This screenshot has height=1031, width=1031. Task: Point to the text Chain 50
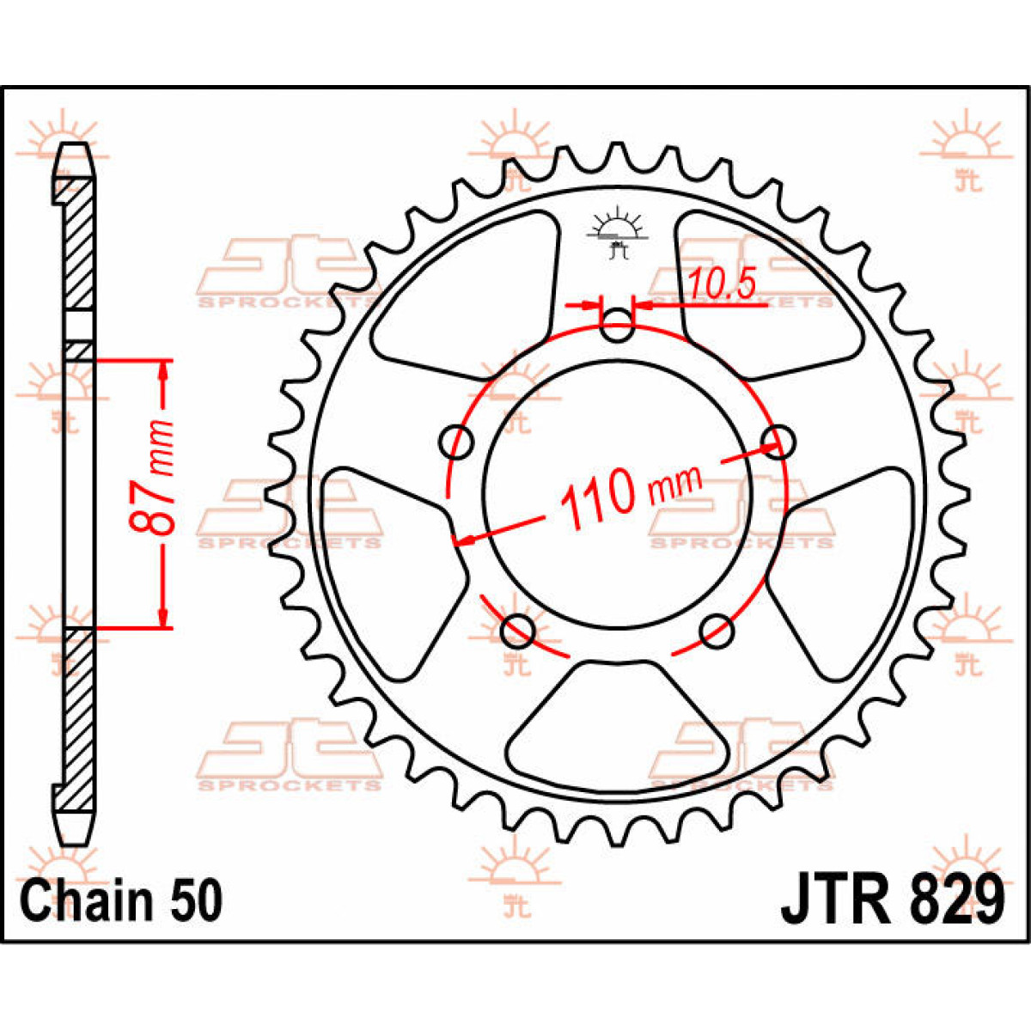[x=121, y=901]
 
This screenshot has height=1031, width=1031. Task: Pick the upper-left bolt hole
[x=456, y=442]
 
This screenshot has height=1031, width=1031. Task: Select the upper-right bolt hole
[x=777, y=441]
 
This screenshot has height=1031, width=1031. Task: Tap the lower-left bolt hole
[x=517, y=631]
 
